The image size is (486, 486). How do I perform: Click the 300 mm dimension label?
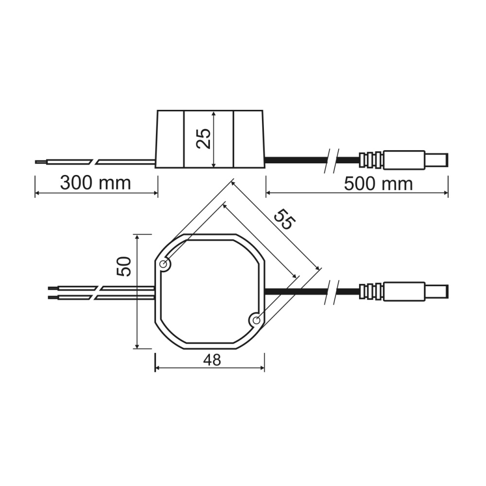(x=95, y=183)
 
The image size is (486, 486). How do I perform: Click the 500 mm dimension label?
(x=378, y=184)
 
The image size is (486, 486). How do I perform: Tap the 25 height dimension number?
(x=204, y=139)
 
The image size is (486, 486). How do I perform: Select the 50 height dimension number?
(x=124, y=266)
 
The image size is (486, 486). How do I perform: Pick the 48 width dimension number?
(x=212, y=360)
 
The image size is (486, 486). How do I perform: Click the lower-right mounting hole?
(x=256, y=320)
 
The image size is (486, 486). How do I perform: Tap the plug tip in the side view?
(x=436, y=160)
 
